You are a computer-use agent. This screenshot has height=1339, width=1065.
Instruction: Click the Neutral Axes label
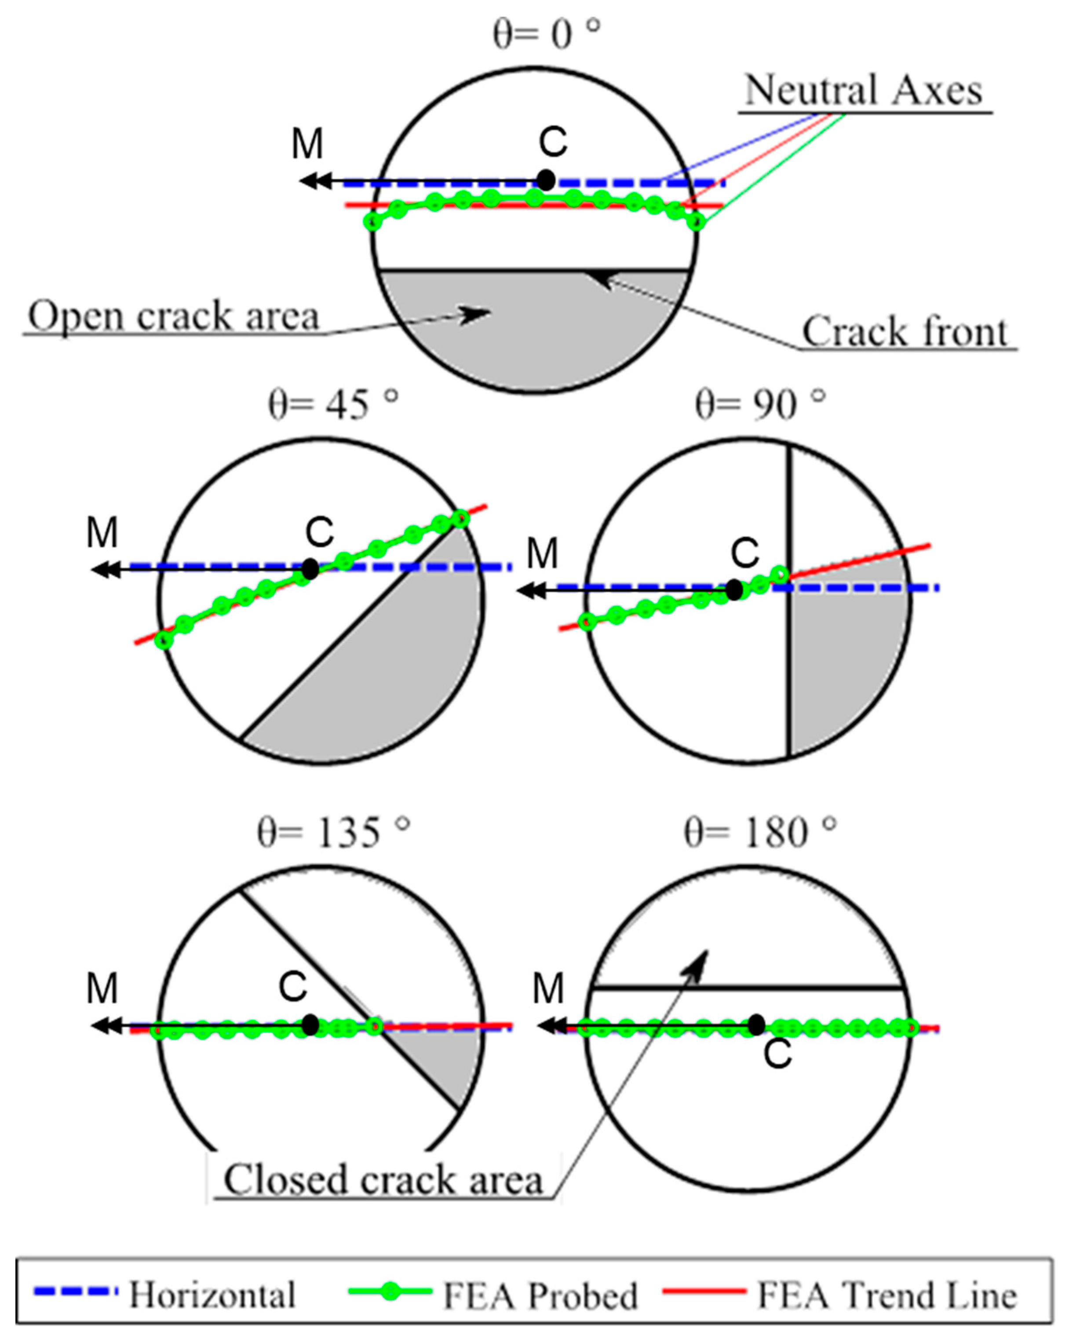[863, 91]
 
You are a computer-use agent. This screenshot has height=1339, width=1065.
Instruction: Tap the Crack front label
[904, 332]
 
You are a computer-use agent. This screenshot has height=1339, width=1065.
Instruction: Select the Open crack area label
[174, 315]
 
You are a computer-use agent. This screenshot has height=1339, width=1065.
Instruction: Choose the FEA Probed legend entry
[539, 1295]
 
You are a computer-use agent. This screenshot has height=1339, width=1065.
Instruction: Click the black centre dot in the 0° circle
[546, 180]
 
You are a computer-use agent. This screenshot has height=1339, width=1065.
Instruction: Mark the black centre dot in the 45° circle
[310, 568]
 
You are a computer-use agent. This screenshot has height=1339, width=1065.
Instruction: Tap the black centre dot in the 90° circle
[734, 589]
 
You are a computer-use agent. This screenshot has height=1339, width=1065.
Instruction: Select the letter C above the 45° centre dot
[319, 532]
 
